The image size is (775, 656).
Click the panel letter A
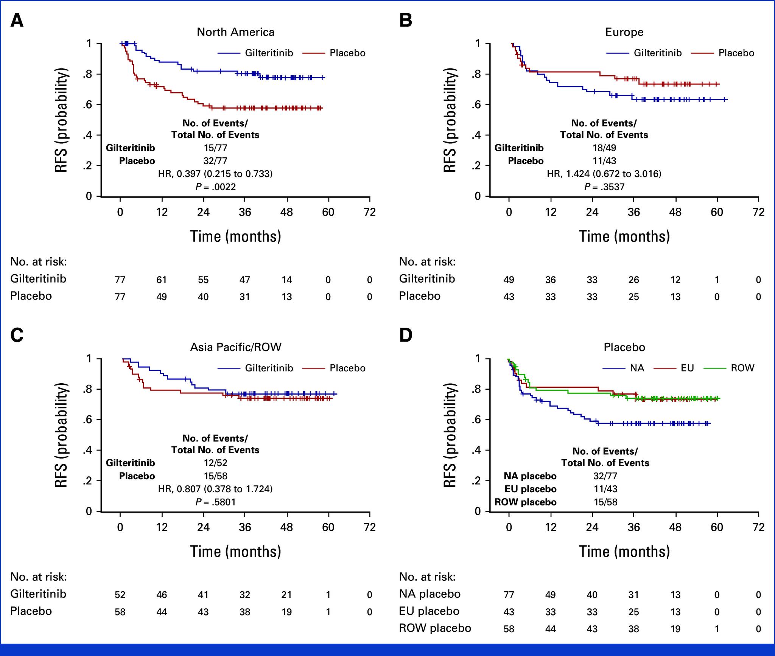[17, 20]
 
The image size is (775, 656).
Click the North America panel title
[235, 32]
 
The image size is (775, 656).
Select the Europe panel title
[624, 32]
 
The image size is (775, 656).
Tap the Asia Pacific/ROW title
[235, 347]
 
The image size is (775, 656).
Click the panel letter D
[406, 336]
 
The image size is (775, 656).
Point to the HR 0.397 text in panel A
[215, 174]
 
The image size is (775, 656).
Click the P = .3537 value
[604, 187]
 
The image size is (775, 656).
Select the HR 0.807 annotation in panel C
[215, 489]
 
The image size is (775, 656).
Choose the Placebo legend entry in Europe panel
[736, 53]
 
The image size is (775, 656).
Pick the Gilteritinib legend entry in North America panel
[269, 53]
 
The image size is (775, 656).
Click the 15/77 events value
[216, 148]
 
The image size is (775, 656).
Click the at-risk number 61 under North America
[162, 280]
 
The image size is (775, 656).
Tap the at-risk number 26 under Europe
[633, 280]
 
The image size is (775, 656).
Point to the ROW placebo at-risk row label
[435, 628]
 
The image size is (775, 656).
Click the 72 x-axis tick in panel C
[370, 527]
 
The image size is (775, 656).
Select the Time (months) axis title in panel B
[624, 236]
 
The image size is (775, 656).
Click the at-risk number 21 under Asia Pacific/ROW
[286, 595]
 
